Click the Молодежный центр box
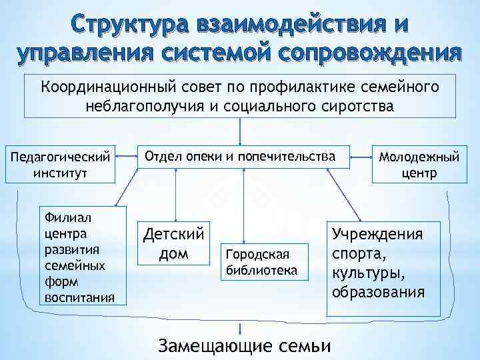pyautogui.click(x=419, y=165)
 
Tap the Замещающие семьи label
pyautogui.click(x=243, y=347)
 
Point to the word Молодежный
pyautogui.click(x=419, y=157)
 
